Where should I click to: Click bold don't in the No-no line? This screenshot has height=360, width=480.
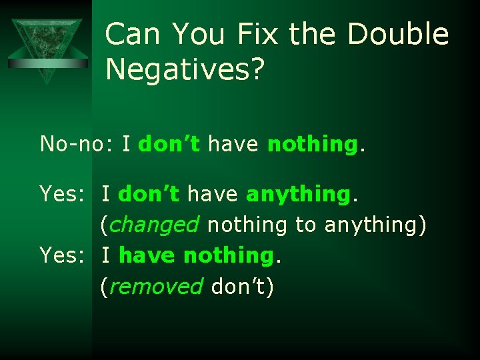point(169,143)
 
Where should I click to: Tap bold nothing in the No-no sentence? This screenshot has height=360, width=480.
point(312,144)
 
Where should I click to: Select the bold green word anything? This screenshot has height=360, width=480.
point(298,195)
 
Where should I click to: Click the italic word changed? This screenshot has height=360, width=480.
point(153,225)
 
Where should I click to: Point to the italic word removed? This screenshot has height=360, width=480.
point(155,287)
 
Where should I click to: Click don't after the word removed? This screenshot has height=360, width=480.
point(238,287)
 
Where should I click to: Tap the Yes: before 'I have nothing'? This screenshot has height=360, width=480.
point(61,255)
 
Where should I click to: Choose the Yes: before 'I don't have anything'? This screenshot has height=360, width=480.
point(61,194)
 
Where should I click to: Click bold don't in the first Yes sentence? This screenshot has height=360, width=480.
point(149,194)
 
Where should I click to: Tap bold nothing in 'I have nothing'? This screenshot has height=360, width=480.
point(228,255)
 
